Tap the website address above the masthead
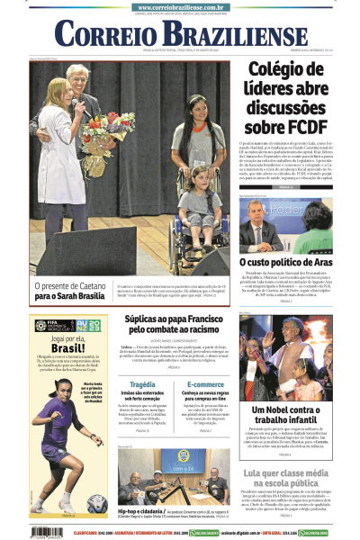pos(179,7)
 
